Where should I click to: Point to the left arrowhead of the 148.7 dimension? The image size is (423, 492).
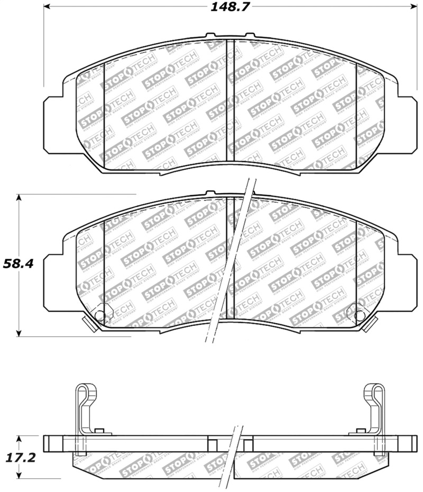coord(47,7)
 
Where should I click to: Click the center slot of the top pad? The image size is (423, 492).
coord(230,100)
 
